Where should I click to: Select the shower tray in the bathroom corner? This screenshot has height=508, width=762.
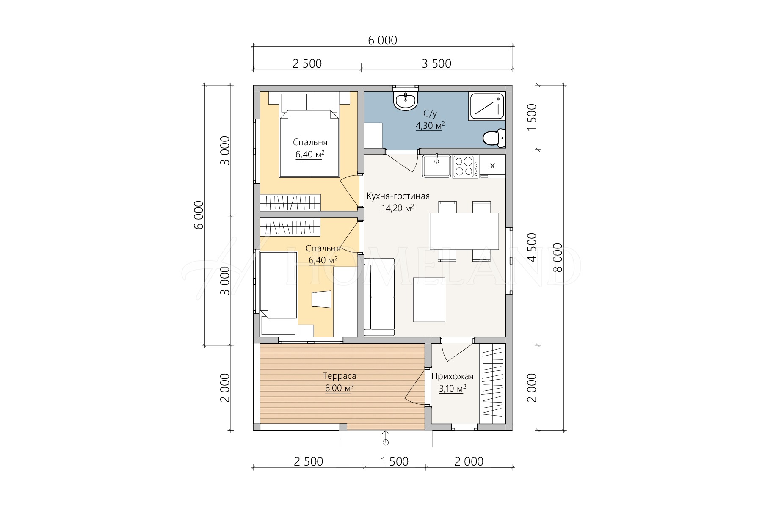[487, 106]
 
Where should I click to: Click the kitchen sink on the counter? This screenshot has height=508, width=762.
[436, 166]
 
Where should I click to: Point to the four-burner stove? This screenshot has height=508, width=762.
[464, 166]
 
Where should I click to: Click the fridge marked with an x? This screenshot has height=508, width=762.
[492, 166]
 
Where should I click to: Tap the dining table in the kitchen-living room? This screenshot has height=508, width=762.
[464, 231]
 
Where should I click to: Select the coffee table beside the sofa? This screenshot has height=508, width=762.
[429, 300]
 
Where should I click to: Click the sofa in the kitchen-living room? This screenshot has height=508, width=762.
[379, 297]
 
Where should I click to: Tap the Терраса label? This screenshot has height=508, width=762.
[340, 376]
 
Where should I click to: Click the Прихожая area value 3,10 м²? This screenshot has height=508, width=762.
[453, 388]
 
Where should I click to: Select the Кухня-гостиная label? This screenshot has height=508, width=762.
[398, 196]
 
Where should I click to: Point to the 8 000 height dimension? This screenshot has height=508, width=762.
[558, 257]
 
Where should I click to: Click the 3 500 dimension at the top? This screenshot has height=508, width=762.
[436, 63]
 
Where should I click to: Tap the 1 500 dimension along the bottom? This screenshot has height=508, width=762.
[395, 461]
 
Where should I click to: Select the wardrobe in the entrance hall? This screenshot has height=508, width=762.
[493, 384]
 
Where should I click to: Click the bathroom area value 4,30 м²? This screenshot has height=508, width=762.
[430, 125]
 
